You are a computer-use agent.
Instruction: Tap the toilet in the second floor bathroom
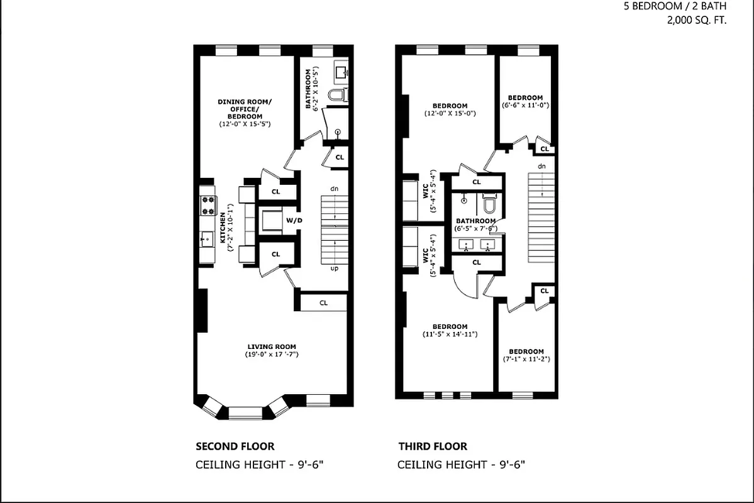click(340, 96)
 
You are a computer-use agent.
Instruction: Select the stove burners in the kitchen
click(208, 204)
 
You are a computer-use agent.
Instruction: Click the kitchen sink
click(207, 238)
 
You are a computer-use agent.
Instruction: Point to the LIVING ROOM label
click(271, 346)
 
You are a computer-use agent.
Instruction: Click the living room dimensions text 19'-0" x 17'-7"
click(271, 355)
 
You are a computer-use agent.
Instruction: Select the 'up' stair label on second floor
click(335, 268)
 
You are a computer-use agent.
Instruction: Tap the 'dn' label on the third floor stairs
click(541, 166)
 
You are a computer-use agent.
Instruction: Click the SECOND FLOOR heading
click(235, 446)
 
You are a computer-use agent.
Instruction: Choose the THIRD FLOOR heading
click(433, 446)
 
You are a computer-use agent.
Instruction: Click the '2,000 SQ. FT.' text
click(696, 20)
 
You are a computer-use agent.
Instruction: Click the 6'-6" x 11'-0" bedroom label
click(525, 101)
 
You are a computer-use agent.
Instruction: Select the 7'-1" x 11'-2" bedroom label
click(526, 355)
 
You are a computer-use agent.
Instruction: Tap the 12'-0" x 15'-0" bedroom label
click(450, 109)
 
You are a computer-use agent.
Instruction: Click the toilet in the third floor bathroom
click(489, 205)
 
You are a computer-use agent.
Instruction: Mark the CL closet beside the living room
click(323, 302)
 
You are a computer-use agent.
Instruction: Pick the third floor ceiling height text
click(461, 465)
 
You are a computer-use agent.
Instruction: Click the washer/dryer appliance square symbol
click(271, 221)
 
